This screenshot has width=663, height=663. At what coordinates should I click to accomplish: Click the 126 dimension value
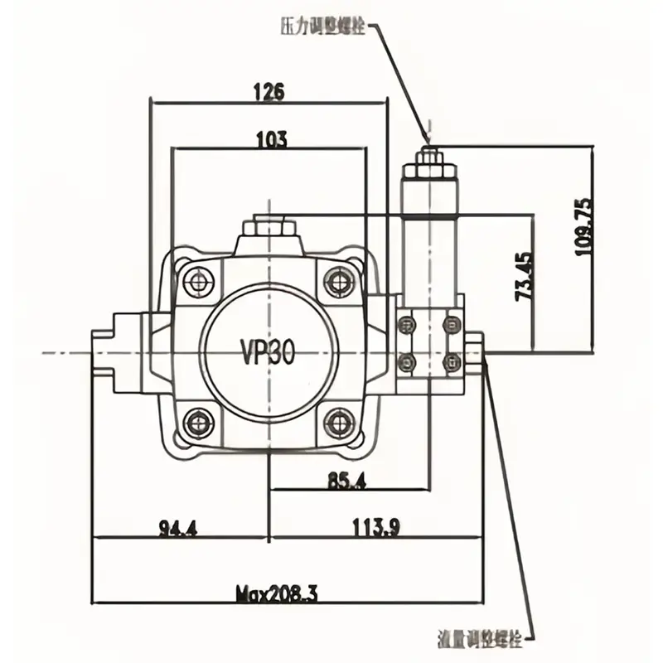pyautogui.click(x=268, y=92)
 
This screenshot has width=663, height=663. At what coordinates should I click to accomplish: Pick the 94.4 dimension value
pyautogui.click(x=177, y=527)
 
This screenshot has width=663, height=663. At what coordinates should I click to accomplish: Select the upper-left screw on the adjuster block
pyautogui.click(x=407, y=324)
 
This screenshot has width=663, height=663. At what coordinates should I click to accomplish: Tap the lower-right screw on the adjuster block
pyautogui.click(x=452, y=360)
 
